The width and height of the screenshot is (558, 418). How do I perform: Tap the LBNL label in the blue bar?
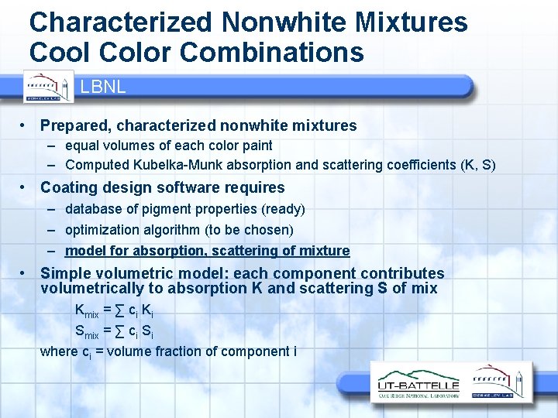pos(102,87)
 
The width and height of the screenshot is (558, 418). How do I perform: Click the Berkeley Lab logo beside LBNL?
pos(49,86)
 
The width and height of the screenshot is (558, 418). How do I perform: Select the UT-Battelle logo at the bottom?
pos(418,385)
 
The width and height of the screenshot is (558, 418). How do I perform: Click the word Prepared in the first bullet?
pos(74,125)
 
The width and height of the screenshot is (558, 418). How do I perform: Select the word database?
pos(95,209)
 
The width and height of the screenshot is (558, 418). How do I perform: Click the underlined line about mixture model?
pos(207,251)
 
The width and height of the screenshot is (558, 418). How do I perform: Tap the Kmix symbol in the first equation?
pos(86,312)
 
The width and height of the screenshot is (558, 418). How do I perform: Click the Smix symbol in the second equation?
pos(86,332)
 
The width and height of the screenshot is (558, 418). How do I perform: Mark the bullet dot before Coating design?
pos(26,187)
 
